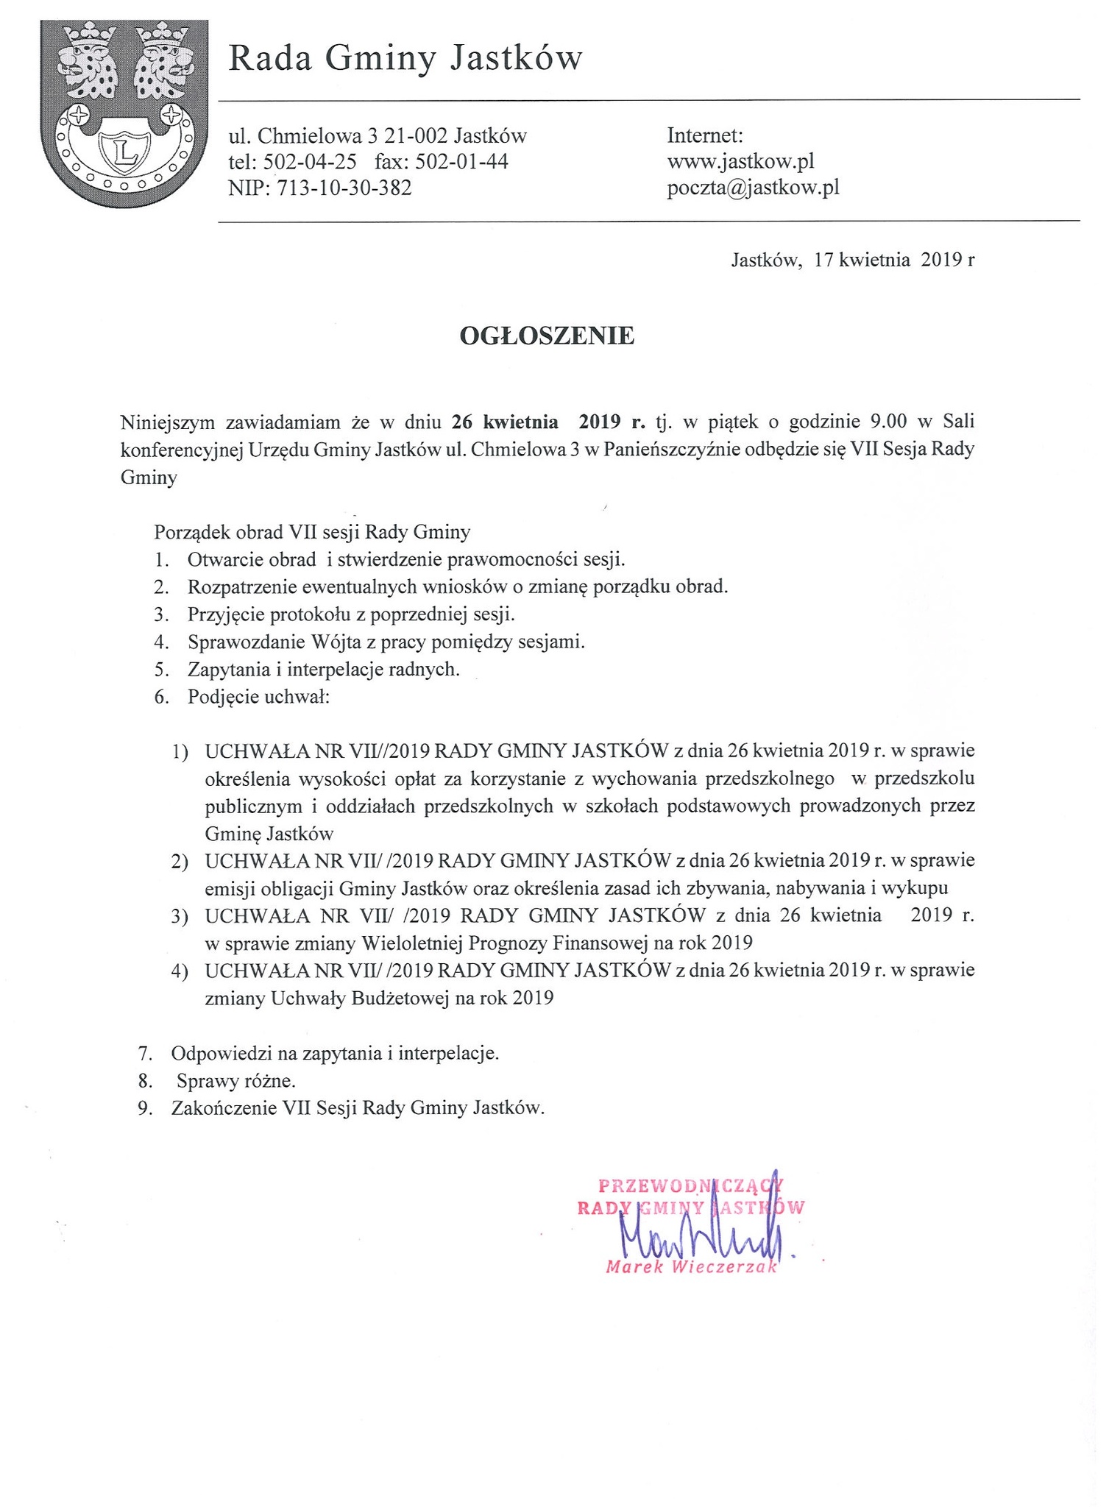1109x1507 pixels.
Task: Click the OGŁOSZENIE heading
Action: [x=547, y=336]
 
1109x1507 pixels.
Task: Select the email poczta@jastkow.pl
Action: [x=753, y=188]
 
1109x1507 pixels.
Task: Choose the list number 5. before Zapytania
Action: [x=162, y=670]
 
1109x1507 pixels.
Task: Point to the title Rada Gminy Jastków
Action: [x=405, y=59]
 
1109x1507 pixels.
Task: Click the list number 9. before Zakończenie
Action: [x=145, y=1109]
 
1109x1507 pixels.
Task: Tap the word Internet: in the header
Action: [x=705, y=136]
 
